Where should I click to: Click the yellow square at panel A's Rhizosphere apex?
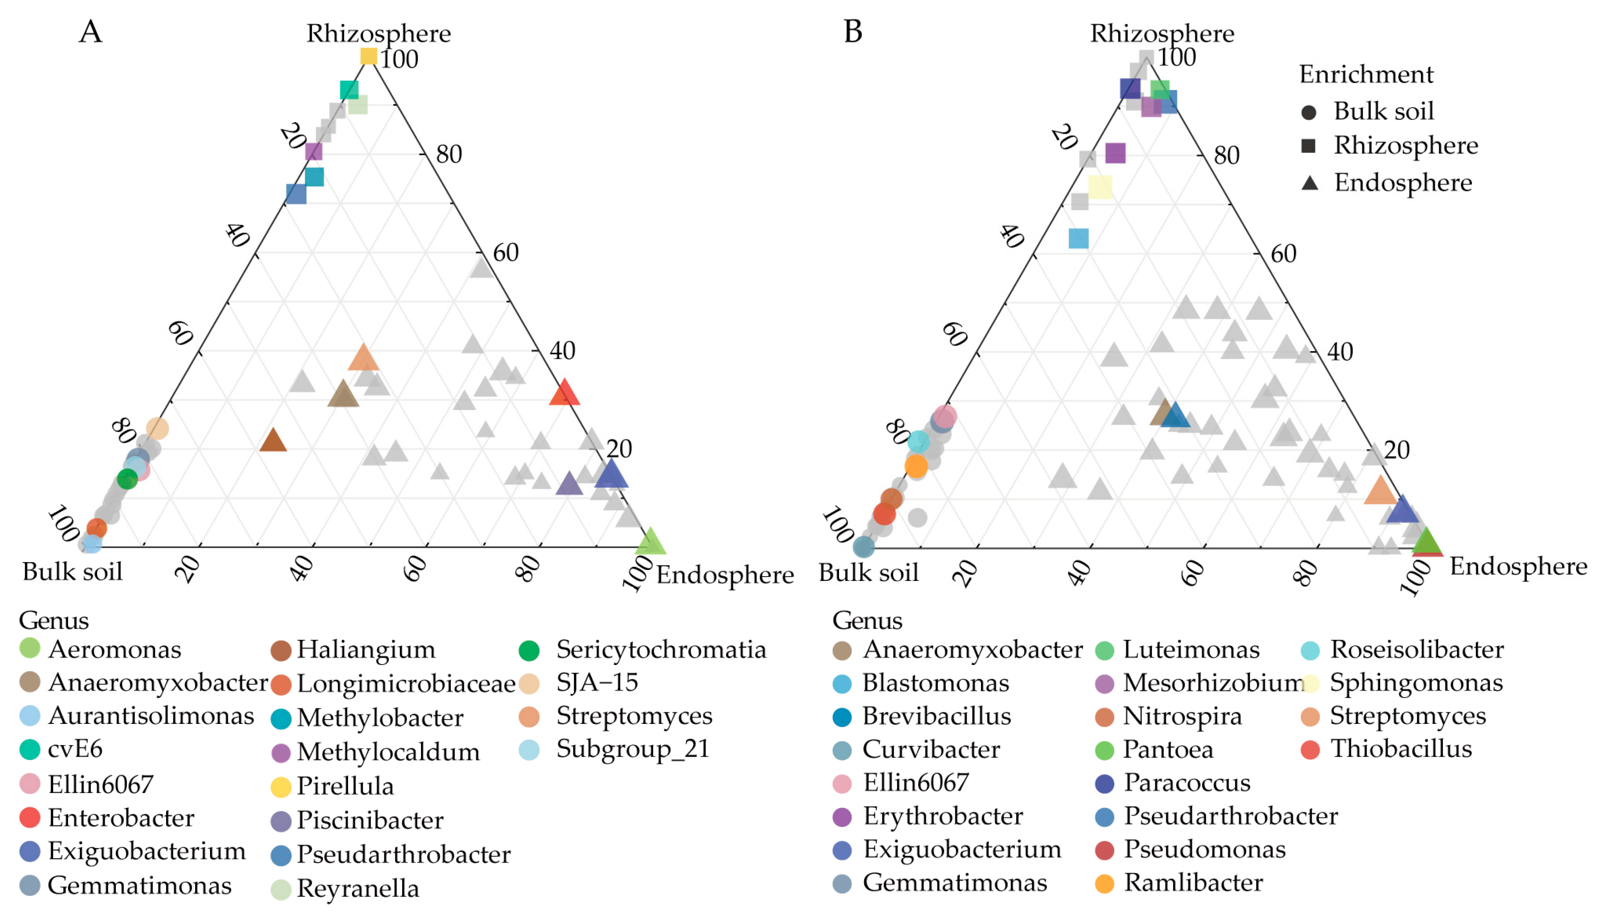click(x=368, y=56)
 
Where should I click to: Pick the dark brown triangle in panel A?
click(x=273, y=440)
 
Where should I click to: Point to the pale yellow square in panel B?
click(x=1100, y=187)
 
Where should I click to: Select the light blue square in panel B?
click(x=1079, y=239)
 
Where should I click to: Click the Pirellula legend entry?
click(x=345, y=786)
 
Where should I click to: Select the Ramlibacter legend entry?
click(x=1192, y=882)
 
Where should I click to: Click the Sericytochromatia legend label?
click(x=660, y=649)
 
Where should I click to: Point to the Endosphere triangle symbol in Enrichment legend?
click(x=1310, y=183)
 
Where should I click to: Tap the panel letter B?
click(x=853, y=31)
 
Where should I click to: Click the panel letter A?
click(x=90, y=31)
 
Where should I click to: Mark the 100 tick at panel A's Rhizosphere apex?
click(x=399, y=59)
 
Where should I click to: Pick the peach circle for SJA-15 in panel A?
click(x=157, y=428)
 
